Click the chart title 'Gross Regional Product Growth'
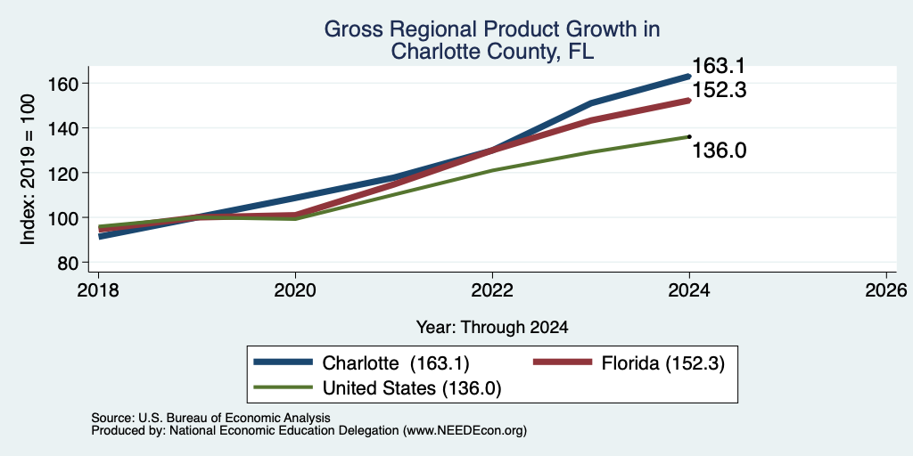pos(491,29)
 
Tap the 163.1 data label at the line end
pos(718,66)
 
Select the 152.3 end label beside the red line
pos(719,90)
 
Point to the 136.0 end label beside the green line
pos(719,151)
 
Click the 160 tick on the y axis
pos(62,83)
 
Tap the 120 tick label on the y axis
pos(62,173)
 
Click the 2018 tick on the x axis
pos(98,290)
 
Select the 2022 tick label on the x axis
pos(492,290)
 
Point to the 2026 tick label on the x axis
pos(886,290)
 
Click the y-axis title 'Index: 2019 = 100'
pos(28,170)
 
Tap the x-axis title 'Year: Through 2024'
pos(492,328)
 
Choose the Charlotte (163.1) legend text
pos(396,363)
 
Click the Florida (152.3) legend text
pos(663,363)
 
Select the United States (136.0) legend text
pos(412,388)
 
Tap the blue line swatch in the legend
pos(284,362)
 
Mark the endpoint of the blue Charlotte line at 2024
pos(689,77)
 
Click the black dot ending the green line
pos(689,136)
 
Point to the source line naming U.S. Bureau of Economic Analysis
pos(210,418)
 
